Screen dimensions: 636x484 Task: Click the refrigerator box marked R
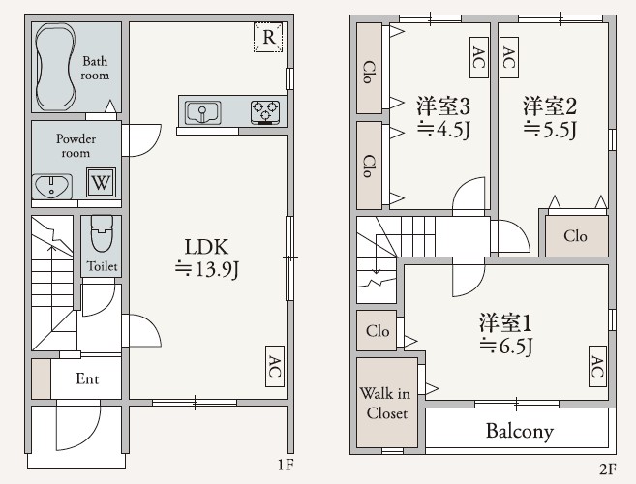(268, 38)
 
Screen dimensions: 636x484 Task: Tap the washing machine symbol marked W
(101, 182)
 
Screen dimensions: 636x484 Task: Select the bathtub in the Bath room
(55, 67)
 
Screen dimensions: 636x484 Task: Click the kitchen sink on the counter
(203, 112)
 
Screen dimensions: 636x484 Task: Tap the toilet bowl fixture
(102, 233)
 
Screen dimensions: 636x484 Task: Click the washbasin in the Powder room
(52, 186)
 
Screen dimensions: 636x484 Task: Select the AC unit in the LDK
(275, 366)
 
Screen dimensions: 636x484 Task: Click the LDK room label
(206, 247)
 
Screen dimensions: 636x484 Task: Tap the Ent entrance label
(87, 378)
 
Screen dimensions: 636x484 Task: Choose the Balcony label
(520, 431)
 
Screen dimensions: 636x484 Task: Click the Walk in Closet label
(385, 404)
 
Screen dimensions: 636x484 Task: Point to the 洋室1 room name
(505, 323)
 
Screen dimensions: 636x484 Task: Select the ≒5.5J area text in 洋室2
(550, 130)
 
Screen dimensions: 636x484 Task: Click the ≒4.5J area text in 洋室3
(443, 130)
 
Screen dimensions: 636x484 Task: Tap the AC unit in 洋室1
(597, 366)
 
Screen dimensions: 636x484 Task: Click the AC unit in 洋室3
(479, 58)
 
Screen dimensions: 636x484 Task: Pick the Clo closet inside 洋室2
(576, 236)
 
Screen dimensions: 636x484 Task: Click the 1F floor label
(286, 465)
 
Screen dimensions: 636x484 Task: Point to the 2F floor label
(608, 469)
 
